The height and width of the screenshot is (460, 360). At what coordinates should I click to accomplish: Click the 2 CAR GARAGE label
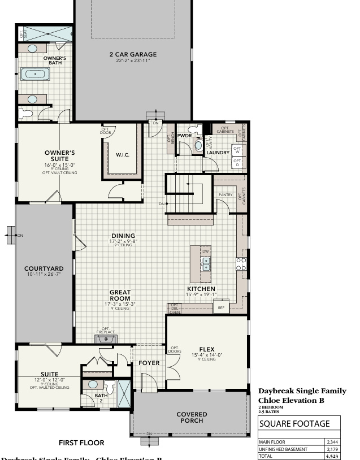tap(133, 55)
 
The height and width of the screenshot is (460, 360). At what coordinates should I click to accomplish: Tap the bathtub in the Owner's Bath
tap(35, 74)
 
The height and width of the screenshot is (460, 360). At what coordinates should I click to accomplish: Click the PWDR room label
tap(184, 136)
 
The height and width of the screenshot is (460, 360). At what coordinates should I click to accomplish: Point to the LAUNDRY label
tap(217, 153)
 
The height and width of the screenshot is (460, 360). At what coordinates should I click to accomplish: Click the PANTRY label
tap(225, 194)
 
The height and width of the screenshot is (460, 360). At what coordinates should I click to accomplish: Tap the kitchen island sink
tap(206, 263)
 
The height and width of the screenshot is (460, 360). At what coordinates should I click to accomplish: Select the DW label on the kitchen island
tap(206, 251)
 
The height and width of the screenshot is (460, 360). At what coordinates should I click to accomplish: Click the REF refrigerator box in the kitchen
tap(222, 308)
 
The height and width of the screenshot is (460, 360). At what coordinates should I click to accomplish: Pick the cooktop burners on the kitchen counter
tap(241, 263)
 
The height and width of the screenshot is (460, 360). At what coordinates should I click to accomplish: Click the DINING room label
tap(123, 236)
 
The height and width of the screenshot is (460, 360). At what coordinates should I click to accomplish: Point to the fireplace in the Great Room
tap(105, 339)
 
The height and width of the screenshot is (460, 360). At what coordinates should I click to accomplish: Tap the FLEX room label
tap(206, 349)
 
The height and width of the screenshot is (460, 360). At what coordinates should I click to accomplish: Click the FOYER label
tap(149, 363)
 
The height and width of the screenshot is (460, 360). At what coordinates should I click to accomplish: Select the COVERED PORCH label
tap(192, 418)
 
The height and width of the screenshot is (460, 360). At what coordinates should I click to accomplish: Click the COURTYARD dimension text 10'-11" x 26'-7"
tap(44, 274)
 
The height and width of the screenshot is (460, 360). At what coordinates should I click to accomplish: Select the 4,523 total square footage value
tap(332, 456)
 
